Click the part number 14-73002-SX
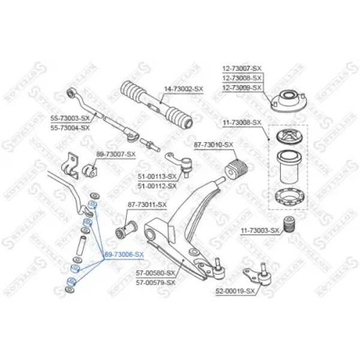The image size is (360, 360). coord(184,89)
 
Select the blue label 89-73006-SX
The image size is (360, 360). coord(124,254)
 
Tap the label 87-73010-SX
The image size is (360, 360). coord(214,145)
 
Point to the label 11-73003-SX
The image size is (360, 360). coord(260,230)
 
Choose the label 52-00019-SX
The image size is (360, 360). coord(235,292)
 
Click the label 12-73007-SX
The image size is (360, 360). coord(242,68)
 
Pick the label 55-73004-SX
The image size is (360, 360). coord(70,128)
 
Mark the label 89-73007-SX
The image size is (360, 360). coord(116,155)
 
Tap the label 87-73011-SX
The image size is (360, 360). coord(147,205)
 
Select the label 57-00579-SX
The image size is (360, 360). coord(155,283)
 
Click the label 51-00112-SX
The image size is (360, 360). coord(157,186)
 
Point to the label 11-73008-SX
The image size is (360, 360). coord(242,122)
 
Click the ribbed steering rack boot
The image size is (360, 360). coord(157,104)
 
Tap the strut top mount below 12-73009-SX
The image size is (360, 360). coord(289,101)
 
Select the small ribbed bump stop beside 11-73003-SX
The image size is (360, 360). coord(289,224)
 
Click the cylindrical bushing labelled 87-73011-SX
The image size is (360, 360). coord(126,229)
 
